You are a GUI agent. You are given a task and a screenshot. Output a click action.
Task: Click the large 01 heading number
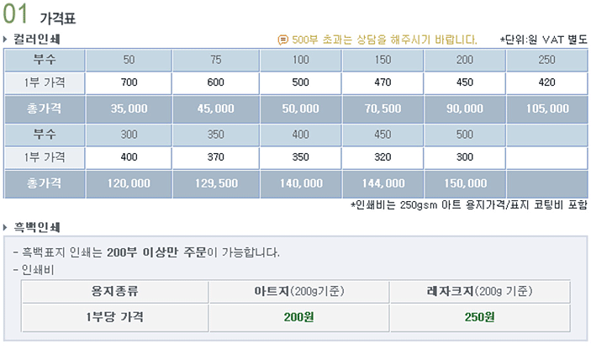point(16,15)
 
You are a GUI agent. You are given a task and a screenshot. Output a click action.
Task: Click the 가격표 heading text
point(57,18)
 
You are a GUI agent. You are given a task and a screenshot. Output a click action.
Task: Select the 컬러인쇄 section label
point(36,39)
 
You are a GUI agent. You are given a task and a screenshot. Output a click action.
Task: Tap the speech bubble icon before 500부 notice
point(282,39)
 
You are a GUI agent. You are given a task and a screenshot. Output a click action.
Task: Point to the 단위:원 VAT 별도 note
point(543,39)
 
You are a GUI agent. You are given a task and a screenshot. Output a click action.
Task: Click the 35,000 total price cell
point(129,109)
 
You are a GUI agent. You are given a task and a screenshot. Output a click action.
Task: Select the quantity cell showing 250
point(546,60)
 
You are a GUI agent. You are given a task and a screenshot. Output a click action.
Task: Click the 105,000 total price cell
point(546,109)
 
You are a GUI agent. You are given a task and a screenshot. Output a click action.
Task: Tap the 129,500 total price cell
point(216,183)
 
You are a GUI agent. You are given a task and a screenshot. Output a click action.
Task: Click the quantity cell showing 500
point(465,134)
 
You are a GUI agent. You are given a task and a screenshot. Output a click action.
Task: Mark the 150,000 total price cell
point(465,183)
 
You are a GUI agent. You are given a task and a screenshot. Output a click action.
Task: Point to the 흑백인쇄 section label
point(36,227)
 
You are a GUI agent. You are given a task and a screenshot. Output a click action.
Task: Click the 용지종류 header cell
point(114,291)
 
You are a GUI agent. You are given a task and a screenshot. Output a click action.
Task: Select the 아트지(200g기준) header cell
point(298,291)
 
